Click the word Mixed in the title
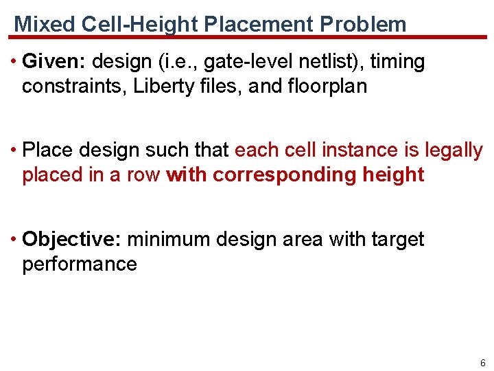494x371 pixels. pos(45,25)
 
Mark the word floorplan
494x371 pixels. pos(324,87)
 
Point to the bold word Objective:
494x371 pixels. pos(72,239)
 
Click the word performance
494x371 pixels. pos(80,264)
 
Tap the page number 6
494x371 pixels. pos(483,363)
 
